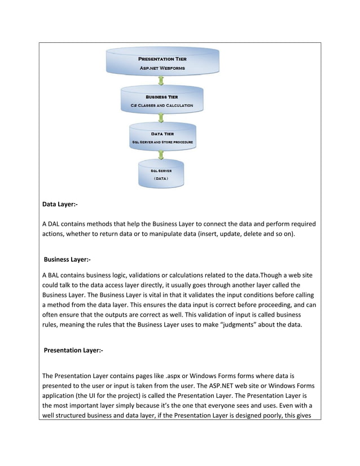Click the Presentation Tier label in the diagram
tap(163, 59)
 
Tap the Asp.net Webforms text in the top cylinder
tap(163, 68)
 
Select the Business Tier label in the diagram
tap(163, 97)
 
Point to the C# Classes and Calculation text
tap(163, 105)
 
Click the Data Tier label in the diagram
tap(162, 134)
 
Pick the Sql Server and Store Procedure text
tap(162, 142)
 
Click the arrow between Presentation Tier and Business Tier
tap(162, 81)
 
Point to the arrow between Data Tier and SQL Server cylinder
tap(162, 154)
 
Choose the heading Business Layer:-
tap(67, 260)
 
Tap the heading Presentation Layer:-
tap(73, 351)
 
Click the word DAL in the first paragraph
tap(55, 225)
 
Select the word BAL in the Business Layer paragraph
tap(55, 275)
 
